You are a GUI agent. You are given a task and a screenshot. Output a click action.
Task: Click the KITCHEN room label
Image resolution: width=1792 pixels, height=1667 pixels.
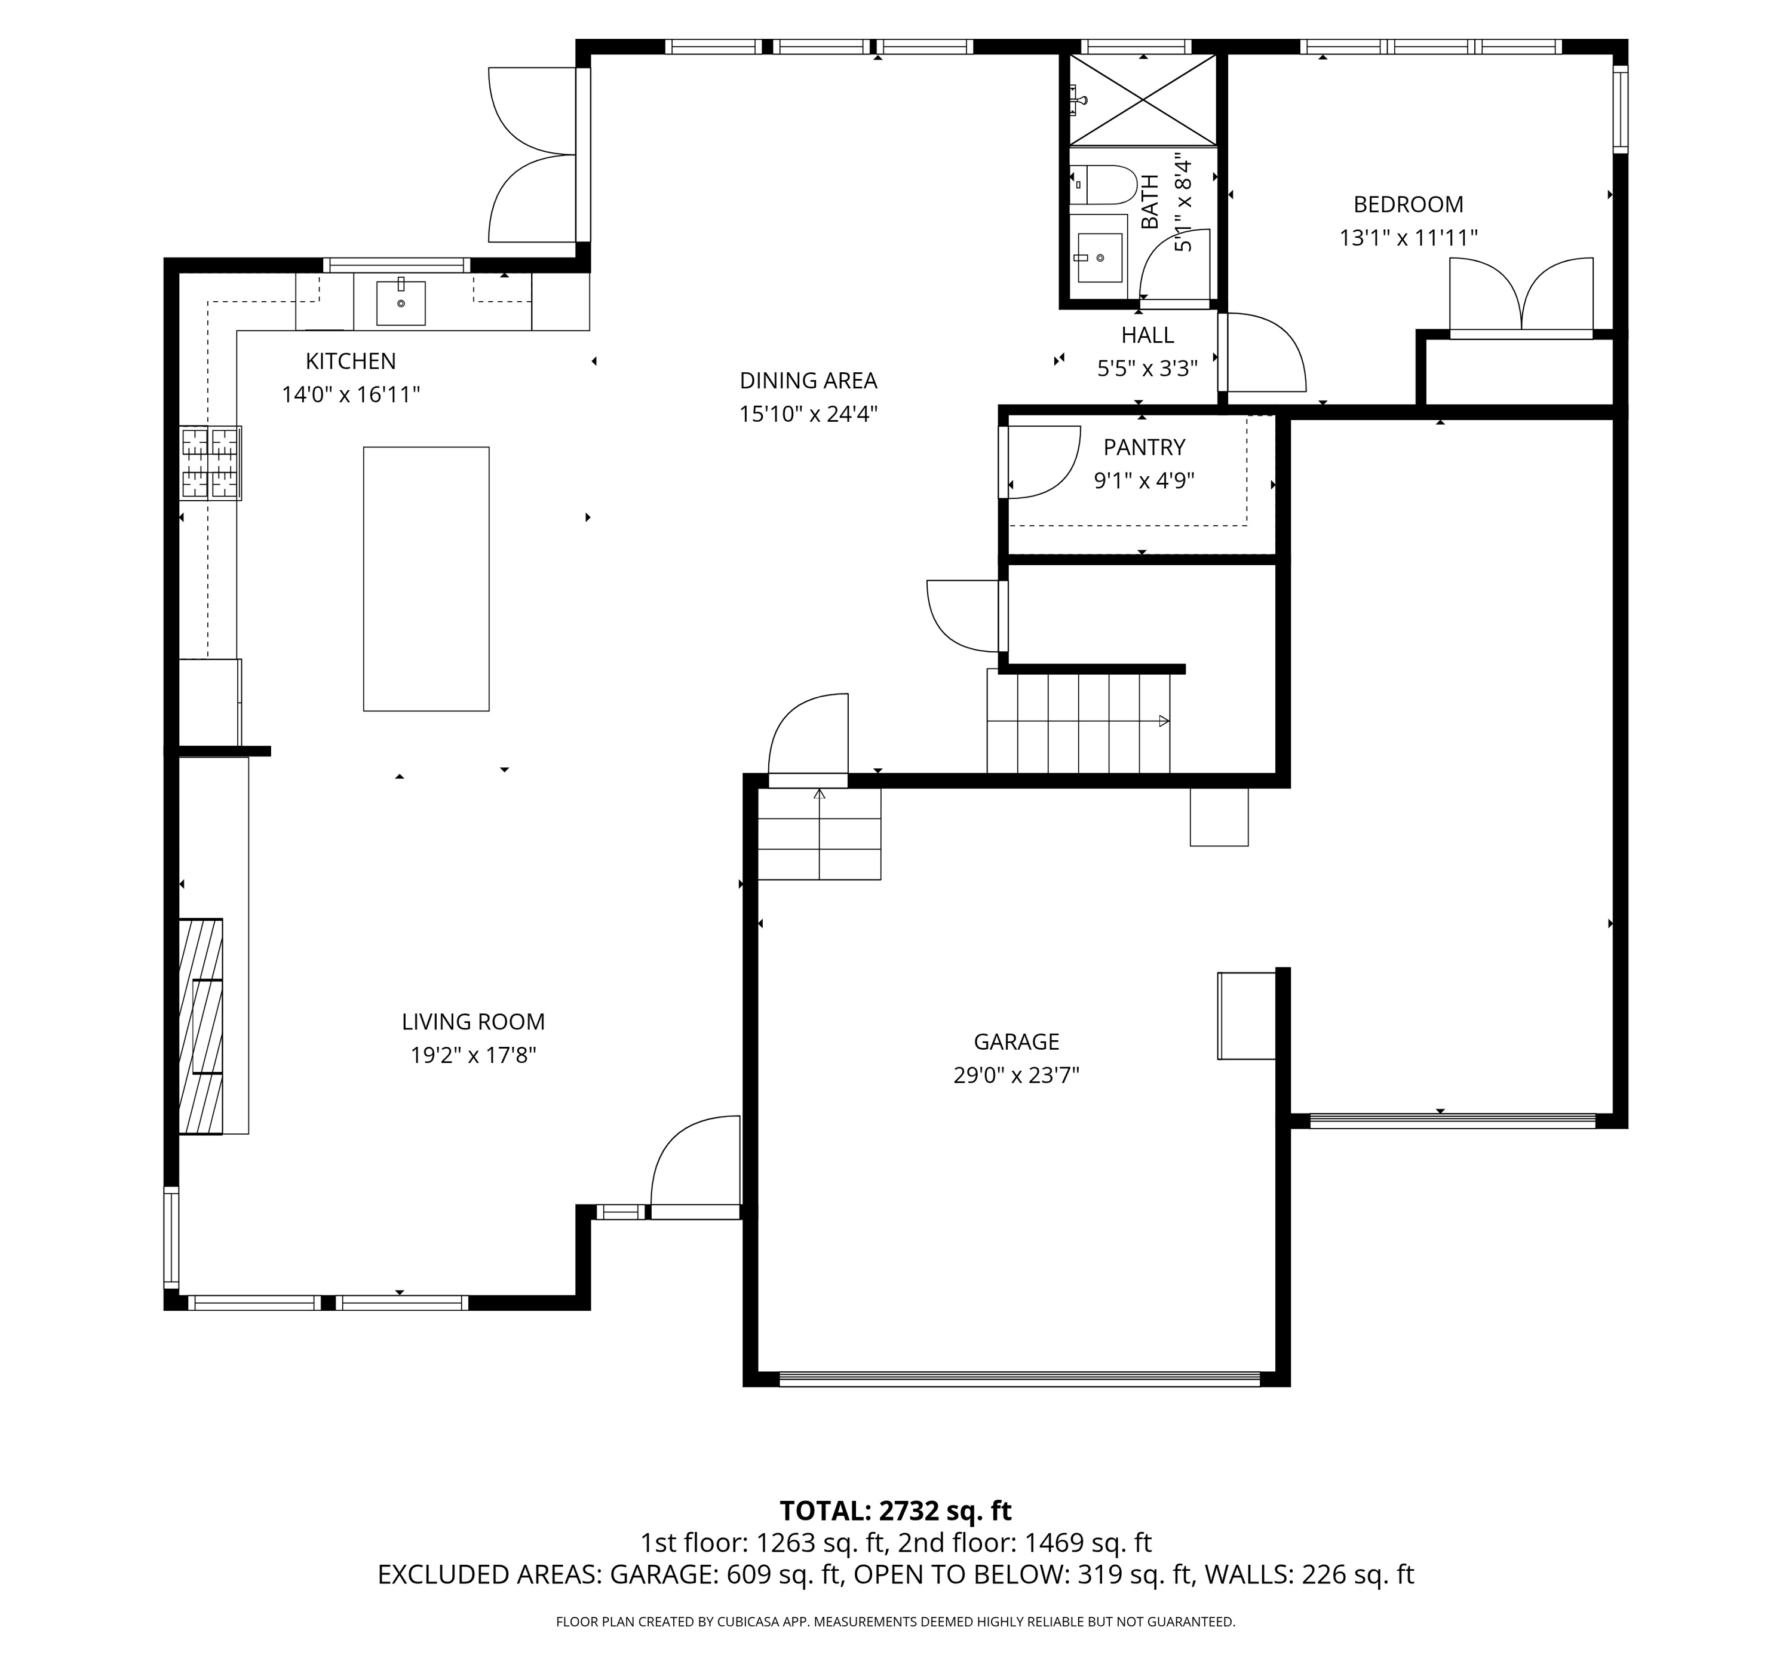pyautogui.click(x=351, y=361)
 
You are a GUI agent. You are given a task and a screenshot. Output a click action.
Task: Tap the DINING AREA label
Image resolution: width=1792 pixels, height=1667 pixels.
pyautogui.click(x=809, y=381)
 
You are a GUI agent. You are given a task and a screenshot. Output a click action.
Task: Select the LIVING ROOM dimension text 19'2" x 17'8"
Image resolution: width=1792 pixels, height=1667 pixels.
pyautogui.click(x=473, y=1055)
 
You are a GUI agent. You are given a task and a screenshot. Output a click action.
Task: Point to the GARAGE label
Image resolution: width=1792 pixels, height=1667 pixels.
pyautogui.click(x=1016, y=1042)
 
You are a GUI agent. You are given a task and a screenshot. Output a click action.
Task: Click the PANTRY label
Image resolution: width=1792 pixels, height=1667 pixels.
pyautogui.click(x=1144, y=447)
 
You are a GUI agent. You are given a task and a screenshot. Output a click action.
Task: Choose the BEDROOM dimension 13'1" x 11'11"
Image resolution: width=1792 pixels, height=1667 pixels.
pyautogui.click(x=1408, y=238)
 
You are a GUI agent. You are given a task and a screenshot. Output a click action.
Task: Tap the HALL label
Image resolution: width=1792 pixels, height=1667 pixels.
pyautogui.click(x=1147, y=335)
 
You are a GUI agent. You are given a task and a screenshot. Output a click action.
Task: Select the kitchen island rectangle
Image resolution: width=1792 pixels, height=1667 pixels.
pyautogui.click(x=426, y=579)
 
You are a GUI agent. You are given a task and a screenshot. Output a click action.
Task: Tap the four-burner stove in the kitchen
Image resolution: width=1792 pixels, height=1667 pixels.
pyautogui.click(x=211, y=462)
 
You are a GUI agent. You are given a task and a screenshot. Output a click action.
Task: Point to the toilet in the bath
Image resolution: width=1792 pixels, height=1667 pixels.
pyautogui.click(x=1103, y=185)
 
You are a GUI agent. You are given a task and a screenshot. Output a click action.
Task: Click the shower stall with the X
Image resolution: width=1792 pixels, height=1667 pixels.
pyautogui.click(x=1143, y=100)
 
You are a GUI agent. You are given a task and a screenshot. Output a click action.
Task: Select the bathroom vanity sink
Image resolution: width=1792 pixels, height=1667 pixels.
pyautogui.click(x=1099, y=258)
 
